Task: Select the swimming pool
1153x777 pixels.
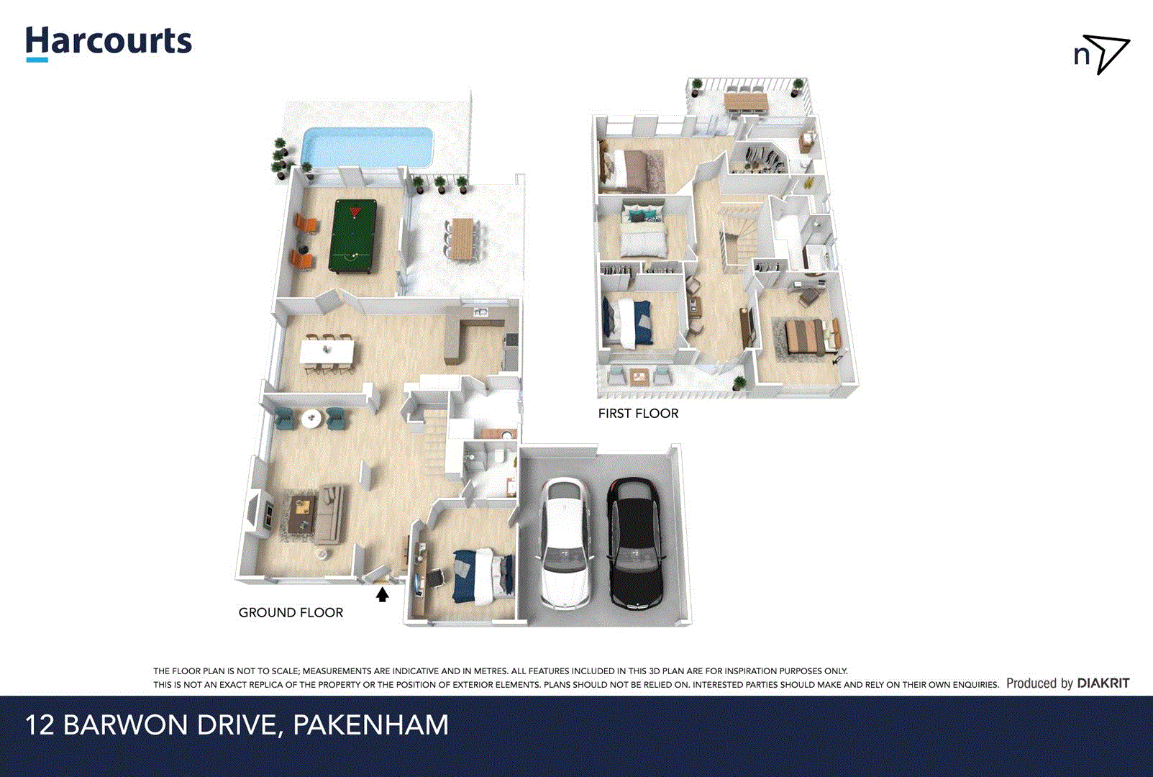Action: click(x=368, y=147)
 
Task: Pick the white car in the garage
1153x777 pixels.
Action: click(x=565, y=542)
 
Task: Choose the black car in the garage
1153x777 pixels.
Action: click(x=634, y=542)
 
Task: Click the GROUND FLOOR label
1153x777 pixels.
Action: click(x=291, y=613)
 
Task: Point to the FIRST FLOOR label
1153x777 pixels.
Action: click(x=638, y=414)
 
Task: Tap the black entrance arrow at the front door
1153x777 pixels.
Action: click(x=383, y=595)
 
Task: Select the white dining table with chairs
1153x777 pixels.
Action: click(x=327, y=351)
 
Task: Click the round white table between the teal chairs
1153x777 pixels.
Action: click(x=311, y=418)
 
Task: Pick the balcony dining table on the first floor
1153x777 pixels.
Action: click(x=746, y=101)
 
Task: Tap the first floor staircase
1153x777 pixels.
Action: click(x=737, y=237)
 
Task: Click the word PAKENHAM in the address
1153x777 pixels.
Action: click(x=370, y=725)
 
